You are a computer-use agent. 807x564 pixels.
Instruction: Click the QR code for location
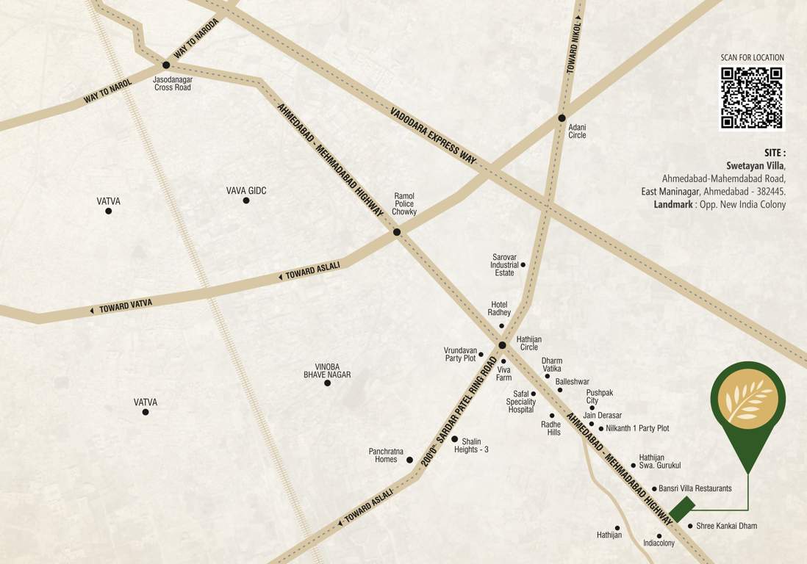(x=751, y=98)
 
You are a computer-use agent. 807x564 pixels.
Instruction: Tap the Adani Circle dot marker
(x=562, y=117)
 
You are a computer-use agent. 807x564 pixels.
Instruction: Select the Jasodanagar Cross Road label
(x=173, y=83)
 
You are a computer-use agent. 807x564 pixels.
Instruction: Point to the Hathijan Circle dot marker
(x=502, y=345)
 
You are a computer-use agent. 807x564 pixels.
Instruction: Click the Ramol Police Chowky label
(x=404, y=204)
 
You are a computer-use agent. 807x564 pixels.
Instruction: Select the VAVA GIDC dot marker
(x=246, y=200)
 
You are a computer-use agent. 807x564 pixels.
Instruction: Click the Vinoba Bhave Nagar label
(x=327, y=370)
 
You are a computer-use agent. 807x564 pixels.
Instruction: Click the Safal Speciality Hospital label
(x=520, y=402)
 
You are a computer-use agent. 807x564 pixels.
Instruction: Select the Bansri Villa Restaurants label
(x=695, y=488)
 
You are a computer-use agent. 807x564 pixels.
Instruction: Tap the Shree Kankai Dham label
(x=726, y=526)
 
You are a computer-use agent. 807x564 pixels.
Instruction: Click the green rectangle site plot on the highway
(x=681, y=508)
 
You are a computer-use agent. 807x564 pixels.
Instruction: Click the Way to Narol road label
(x=107, y=91)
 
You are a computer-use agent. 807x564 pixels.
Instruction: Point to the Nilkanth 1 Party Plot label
(x=637, y=428)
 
